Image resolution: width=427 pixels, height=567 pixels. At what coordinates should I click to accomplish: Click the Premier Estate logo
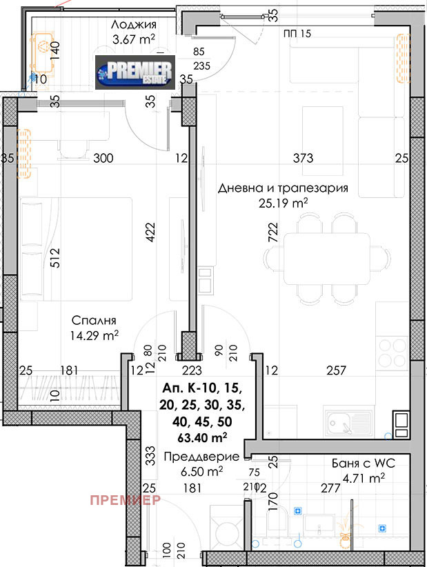coord(136,71)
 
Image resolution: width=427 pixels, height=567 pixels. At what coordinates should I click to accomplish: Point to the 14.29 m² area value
coord(95,335)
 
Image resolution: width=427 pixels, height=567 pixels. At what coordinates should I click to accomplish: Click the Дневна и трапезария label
coord(283,188)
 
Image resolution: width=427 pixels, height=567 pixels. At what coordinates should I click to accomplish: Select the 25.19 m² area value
coord(283,203)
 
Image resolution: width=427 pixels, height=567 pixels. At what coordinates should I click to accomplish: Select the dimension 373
coord(302,159)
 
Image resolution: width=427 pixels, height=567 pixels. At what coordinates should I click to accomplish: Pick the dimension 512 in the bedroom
coord(55,257)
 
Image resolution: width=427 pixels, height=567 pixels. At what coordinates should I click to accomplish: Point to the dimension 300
coord(103,159)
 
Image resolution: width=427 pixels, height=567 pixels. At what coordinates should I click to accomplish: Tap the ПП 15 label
coord(297,33)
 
